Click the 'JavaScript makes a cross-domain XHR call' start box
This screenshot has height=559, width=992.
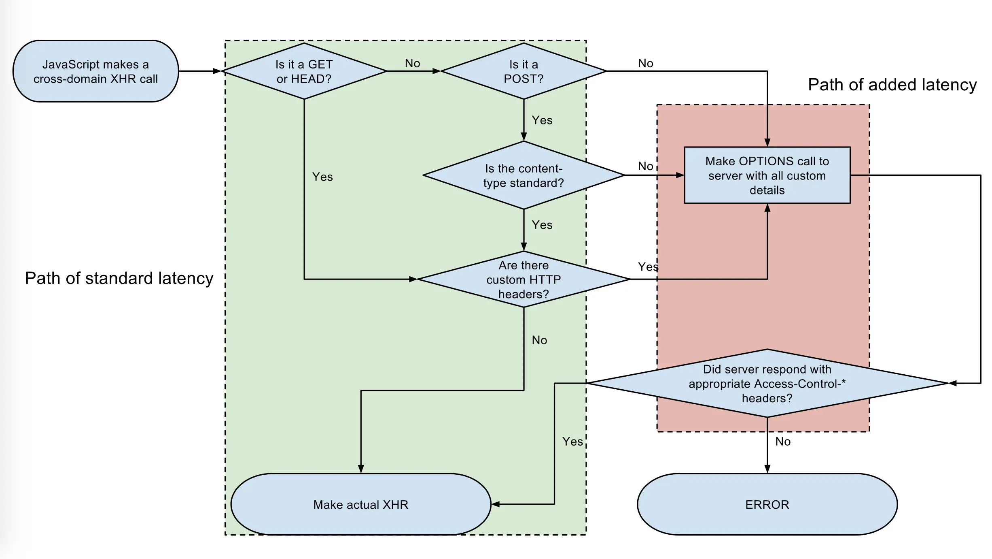[x=96, y=71]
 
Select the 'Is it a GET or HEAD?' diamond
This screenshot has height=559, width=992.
[x=304, y=71]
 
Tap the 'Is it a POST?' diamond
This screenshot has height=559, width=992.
[x=524, y=71]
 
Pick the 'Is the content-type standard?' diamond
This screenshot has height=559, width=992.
[x=524, y=175]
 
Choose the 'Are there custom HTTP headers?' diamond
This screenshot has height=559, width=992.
[x=524, y=279]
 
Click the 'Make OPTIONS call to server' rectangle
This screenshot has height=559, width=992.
[x=767, y=175]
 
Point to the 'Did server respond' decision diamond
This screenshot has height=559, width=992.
[x=767, y=383]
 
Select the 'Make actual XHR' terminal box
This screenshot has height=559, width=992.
[x=361, y=504]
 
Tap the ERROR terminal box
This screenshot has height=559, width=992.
[x=767, y=504]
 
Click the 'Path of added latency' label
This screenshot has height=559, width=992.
[x=892, y=85]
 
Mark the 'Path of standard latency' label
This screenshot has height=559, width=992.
[x=119, y=278]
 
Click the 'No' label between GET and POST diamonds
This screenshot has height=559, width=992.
[x=413, y=63]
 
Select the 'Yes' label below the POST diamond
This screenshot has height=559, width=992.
[x=542, y=120]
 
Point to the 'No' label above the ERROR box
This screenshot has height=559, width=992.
[x=783, y=442]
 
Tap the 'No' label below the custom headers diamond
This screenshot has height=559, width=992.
[x=539, y=340]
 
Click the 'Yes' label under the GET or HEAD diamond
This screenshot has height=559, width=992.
[x=322, y=177]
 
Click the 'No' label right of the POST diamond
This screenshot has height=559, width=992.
[x=646, y=63]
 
